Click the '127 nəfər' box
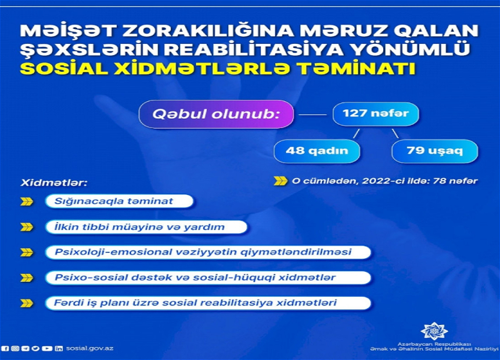pyautogui.click(x=376, y=114)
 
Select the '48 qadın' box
pyautogui.click(x=317, y=151)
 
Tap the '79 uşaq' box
pyautogui.click(x=434, y=151)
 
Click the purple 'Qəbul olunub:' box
pyautogui.click(x=216, y=114)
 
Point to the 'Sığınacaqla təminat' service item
pyautogui.click(x=119, y=201)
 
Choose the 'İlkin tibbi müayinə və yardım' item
pyautogui.click(x=146, y=227)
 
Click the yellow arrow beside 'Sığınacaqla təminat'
pyautogui.click(x=27, y=201)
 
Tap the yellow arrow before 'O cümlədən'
pyautogui.click(x=280, y=181)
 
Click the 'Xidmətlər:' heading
pyautogui.click(x=54, y=183)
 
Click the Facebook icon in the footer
pyautogui.click(x=6, y=349)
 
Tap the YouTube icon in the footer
pyautogui.click(x=47, y=349)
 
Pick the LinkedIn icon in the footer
pyautogui.click(x=59, y=349)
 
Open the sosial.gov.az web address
pyautogui.click(x=89, y=349)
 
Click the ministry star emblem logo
pyautogui.click(x=434, y=331)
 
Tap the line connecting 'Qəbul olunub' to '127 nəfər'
pyautogui.click(x=312, y=114)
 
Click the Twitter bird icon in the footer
pyautogui.click(x=36, y=349)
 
